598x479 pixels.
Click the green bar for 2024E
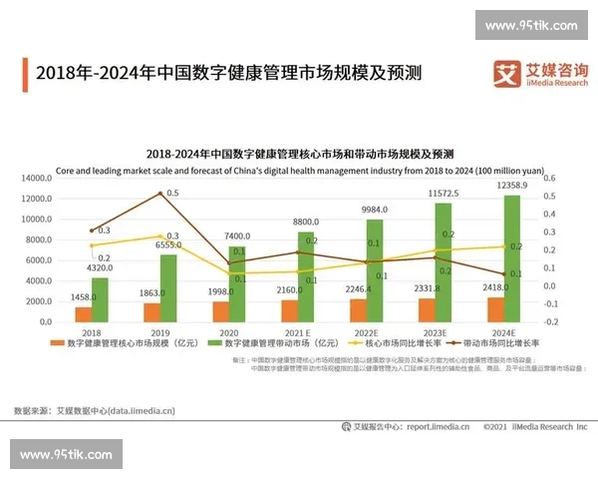(x=511, y=258)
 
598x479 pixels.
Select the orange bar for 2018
(x=85, y=314)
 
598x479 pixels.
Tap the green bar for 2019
(x=168, y=288)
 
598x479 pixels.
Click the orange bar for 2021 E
(x=289, y=311)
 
